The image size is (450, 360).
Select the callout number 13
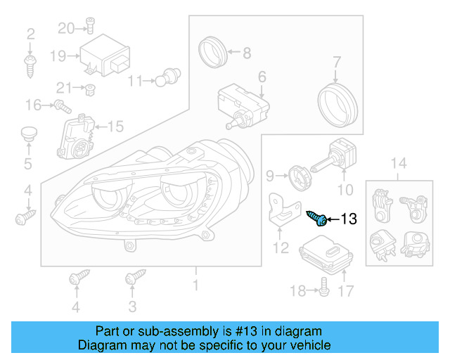pos(349,220)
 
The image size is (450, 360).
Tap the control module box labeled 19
pos(101,56)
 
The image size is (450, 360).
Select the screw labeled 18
pos(324,285)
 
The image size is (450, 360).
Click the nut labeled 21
pos(90,89)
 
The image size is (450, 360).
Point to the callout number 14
pos(398,165)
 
